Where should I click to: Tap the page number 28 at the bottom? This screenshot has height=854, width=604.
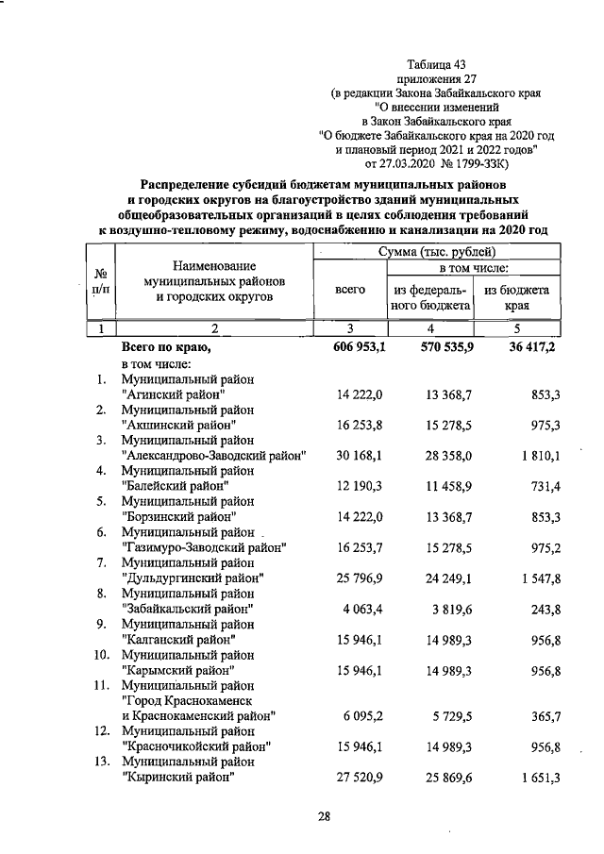point(323,817)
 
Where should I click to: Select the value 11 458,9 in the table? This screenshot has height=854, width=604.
point(441,486)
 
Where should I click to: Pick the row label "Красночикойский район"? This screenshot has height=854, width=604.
point(197,746)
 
